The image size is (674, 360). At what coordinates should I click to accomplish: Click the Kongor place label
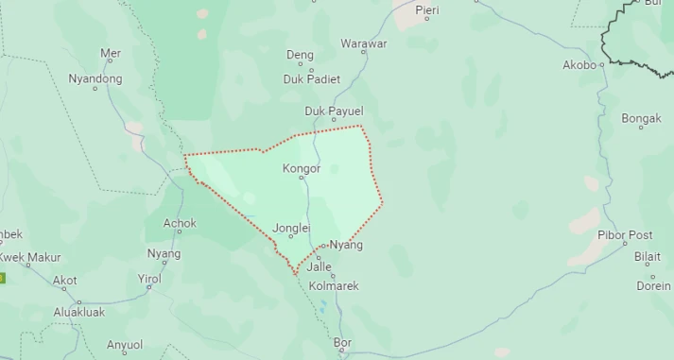302,169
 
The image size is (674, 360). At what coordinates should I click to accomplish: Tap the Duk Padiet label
311,79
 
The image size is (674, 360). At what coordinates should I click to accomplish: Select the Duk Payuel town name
334,111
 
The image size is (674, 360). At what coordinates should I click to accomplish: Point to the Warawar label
364,43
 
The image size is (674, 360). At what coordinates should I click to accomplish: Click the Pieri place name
427,9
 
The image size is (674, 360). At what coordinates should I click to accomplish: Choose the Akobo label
579,65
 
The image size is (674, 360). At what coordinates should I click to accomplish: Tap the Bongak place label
641,118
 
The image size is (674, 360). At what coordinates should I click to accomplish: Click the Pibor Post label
625,234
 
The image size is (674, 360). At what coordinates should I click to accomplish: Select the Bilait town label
648,256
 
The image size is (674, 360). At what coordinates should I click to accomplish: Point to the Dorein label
653,285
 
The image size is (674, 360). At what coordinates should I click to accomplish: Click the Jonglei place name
290,228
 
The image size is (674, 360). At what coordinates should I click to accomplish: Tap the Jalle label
320,266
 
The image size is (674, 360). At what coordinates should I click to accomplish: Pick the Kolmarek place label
334,285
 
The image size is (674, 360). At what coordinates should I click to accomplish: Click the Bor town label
342,341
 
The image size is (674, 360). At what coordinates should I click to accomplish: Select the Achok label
180,224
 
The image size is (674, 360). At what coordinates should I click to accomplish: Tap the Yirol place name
149,279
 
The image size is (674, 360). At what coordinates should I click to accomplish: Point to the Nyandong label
95,78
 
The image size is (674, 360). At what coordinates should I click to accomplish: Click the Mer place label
111,54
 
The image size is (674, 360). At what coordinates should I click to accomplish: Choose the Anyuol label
125,345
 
